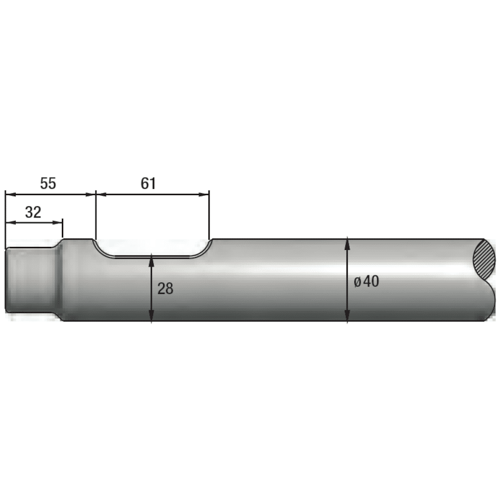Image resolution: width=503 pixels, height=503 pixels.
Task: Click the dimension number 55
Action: coord(48,183)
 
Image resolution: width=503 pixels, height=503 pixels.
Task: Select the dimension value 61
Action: coord(148,183)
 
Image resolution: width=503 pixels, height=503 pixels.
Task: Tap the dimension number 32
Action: coord(34,212)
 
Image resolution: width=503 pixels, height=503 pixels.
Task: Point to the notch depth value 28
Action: coord(165,288)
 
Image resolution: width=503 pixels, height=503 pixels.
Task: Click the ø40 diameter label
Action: coord(367,282)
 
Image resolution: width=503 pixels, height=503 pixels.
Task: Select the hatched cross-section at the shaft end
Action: coord(485,259)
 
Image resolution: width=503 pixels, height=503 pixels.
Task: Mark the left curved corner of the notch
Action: coord(99,249)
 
